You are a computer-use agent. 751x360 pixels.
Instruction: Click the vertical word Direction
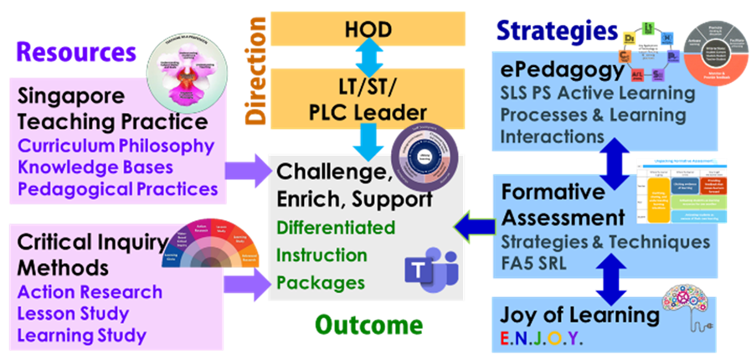(250, 75)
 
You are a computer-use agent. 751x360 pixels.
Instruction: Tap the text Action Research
(90, 292)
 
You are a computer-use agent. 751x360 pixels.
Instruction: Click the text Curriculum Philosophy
(116, 146)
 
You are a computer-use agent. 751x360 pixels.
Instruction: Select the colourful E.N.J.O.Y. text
(537, 339)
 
